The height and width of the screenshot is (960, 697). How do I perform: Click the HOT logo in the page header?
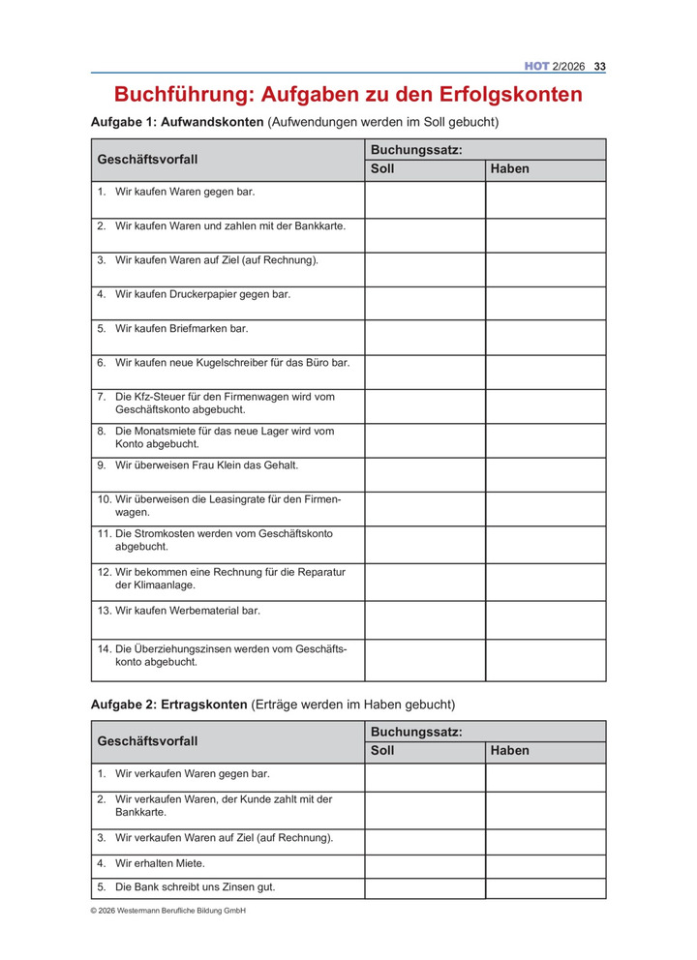(536, 66)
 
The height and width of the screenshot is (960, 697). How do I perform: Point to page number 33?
(600, 66)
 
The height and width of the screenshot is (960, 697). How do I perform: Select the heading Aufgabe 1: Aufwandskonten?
(177, 123)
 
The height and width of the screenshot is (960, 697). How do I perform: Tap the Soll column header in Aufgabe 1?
(382, 169)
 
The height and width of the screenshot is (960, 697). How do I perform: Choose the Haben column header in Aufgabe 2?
(510, 751)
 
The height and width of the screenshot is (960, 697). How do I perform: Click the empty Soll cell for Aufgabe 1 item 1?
(424, 199)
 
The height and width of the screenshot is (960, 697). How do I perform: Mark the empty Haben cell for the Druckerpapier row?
(545, 303)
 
